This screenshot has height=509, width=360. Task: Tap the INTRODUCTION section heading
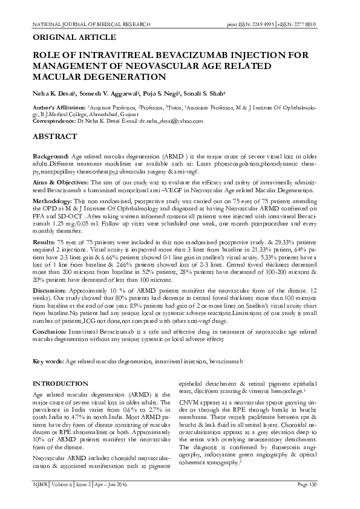pyautogui.click(x=61, y=384)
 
